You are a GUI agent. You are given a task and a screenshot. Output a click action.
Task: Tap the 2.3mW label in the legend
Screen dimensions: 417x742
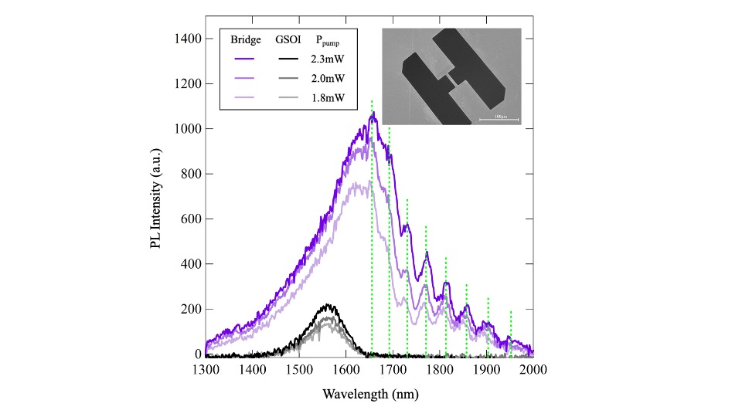click(x=329, y=58)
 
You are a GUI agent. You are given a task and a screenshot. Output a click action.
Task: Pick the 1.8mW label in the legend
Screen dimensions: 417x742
click(x=329, y=98)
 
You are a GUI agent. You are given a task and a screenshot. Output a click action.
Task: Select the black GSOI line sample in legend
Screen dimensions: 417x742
click(x=290, y=58)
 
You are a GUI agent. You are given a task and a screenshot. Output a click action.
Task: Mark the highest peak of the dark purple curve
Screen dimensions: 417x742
click(x=373, y=114)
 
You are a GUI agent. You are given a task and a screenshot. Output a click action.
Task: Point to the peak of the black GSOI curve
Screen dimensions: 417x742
click(x=328, y=304)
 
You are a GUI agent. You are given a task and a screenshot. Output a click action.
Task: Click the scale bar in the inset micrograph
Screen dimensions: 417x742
click(x=499, y=119)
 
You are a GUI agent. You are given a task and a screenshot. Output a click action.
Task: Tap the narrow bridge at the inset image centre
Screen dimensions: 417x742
click(x=448, y=80)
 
